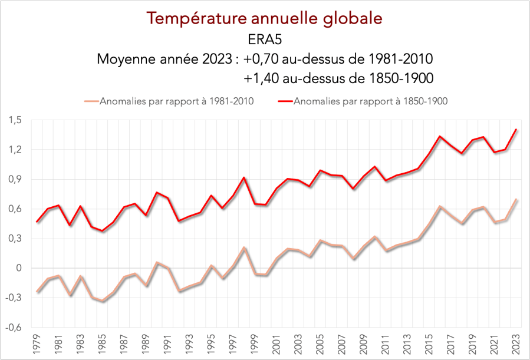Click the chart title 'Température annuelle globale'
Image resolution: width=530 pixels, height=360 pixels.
[265, 18]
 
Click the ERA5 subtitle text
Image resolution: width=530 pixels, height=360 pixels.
[265, 39]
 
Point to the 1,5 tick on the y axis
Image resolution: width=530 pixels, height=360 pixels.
[15, 120]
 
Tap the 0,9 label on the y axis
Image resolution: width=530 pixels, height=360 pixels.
[15, 179]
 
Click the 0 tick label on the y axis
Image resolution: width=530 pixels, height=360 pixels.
[19, 268]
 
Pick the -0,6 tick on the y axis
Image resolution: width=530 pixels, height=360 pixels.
[14, 327]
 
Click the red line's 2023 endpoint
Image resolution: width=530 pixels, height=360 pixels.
[516, 130]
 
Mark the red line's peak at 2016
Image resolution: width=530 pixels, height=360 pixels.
[440, 137]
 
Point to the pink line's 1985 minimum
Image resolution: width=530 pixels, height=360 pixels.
[102, 301]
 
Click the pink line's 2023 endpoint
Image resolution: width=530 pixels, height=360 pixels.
[516, 199]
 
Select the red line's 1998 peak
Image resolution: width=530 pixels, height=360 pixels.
[243, 178]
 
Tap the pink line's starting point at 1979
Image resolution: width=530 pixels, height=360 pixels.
[37, 292]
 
